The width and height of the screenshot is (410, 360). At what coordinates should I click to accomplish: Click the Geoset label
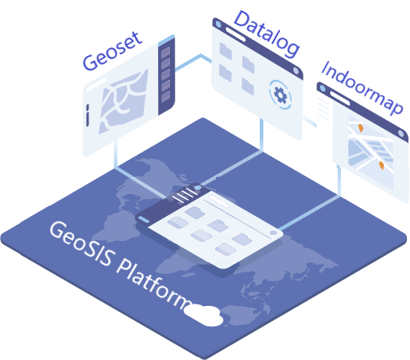tap(113, 52)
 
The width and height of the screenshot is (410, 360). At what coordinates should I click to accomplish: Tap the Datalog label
tap(267, 34)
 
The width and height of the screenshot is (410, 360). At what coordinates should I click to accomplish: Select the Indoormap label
tap(362, 88)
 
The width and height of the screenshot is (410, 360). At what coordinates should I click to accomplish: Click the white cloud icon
tap(203, 315)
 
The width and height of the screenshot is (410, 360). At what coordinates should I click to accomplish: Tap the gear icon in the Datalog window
tap(281, 95)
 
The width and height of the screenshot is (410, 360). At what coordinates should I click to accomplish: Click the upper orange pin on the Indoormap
tap(361, 128)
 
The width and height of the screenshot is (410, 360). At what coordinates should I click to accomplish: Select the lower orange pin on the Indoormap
tap(382, 165)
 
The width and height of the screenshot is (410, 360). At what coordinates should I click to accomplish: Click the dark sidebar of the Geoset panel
tap(167, 76)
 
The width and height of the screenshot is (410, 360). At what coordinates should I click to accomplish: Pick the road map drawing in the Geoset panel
tap(124, 101)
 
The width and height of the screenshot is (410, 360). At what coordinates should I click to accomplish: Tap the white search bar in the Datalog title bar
tap(236, 34)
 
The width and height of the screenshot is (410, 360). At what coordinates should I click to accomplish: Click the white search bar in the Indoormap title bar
tap(340, 99)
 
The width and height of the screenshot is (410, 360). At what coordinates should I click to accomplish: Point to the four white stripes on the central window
tap(185, 195)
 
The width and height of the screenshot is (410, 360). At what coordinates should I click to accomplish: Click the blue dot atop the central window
tap(198, 187)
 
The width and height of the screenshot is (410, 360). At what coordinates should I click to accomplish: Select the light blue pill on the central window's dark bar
tap(143, 219)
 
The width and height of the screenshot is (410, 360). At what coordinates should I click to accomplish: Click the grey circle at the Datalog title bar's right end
tap(296, 70)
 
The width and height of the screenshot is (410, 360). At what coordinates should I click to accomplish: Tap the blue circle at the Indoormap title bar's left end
tap(323, 88)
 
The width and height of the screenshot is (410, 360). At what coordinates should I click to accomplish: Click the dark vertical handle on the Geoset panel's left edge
tap(88, 115)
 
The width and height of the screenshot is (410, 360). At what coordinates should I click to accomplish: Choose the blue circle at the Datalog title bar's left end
tap(218, 24)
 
